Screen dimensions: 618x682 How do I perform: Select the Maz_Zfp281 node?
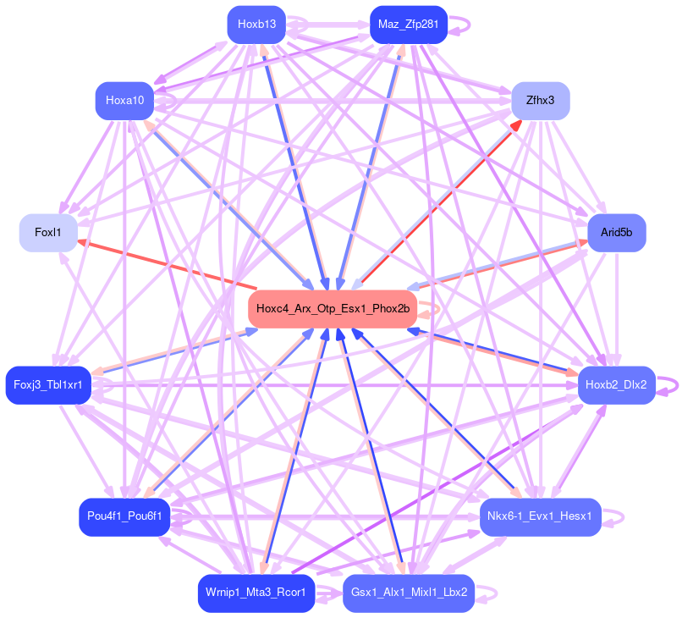tap(408, 25)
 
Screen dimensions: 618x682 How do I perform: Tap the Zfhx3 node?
tap(540, 101)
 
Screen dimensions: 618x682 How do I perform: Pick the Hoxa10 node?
tap(125, 101)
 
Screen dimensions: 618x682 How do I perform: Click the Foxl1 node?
tap(48, 232)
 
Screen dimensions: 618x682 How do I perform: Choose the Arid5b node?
tap(616, 232)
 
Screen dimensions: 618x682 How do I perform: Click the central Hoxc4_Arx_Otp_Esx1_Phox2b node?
tap(333, 309)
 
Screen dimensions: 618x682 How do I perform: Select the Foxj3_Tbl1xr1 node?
tap(48, 385)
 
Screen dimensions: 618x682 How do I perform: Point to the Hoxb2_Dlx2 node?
tap(616, 385)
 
